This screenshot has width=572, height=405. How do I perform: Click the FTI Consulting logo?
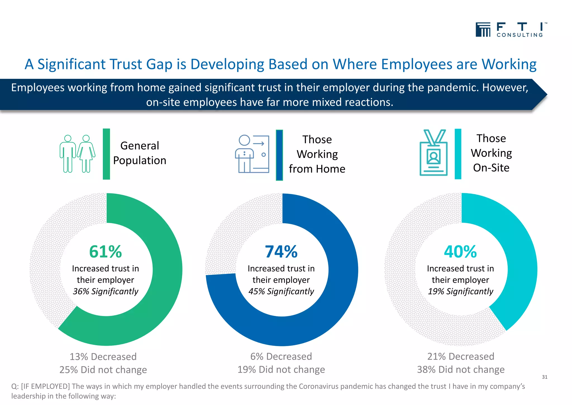(x=511, y=30)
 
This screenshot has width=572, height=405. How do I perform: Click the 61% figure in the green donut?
(x=106, y=251)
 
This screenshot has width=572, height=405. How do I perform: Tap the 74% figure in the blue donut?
(x=281, y=251)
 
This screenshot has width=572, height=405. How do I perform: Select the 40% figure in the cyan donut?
(x=460, y=251)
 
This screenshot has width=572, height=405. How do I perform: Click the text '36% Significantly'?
(x=106, y=291)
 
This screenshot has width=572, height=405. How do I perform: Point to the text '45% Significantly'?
(x=281, y=291)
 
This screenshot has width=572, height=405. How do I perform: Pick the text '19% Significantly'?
(x=461, y=291)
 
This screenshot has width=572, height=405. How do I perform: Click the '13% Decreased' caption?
(x=103, y=357)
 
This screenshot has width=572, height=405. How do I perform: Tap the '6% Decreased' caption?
(x=281, y=356)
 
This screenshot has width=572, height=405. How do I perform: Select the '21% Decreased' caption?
(x=461, y=356)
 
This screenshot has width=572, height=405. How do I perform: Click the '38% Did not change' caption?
(x=461, y=370)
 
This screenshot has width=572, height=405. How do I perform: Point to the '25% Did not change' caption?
(x=103, y=370)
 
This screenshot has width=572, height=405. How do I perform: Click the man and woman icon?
(x=77, y=154)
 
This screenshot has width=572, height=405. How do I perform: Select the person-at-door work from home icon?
(x=252, y=154)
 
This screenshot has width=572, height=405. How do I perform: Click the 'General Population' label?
(x=140, y=153)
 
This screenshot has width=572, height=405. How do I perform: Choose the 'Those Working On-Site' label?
(x=491, y=153)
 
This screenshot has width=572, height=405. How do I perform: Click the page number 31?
(x=544, y=377)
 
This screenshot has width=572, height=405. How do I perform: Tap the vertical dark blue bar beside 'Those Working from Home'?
(x=279, y=155)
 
